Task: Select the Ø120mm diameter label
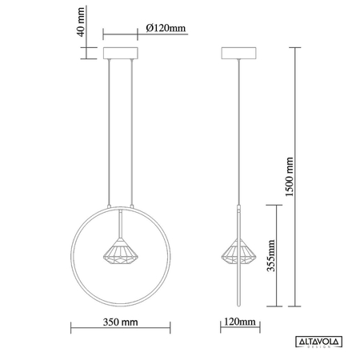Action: tap(166, 29)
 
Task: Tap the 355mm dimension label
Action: tap(271, 258)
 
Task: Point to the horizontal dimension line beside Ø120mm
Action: tap(124, 35)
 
